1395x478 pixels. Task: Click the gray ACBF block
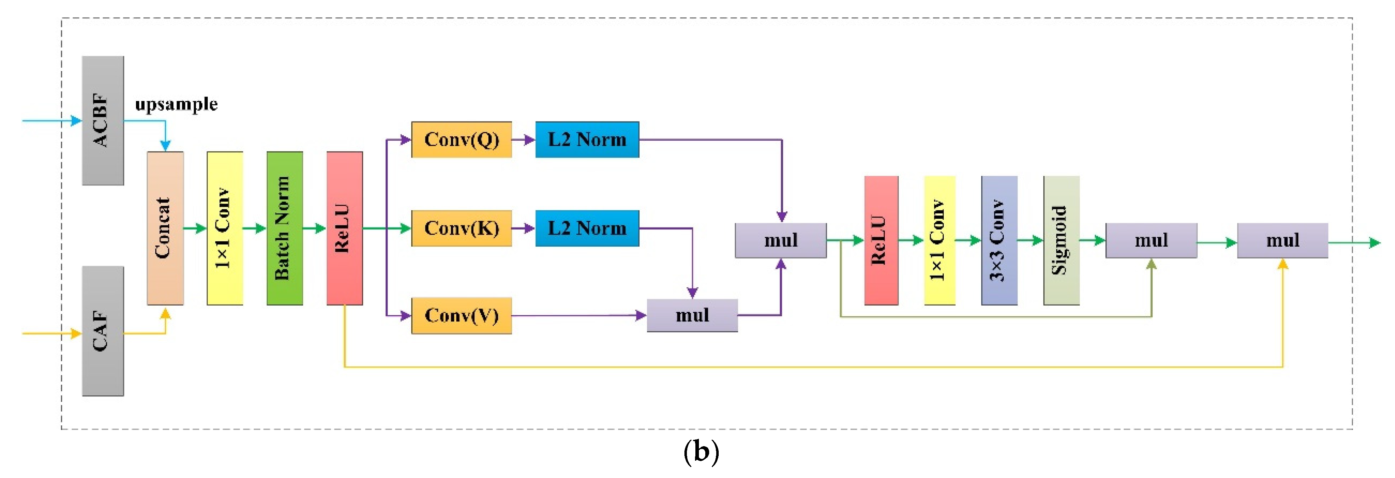click(x=103, y=120)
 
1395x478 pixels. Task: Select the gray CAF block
click(x=103, y=331)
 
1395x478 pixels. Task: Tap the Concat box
click(x=165, y=228)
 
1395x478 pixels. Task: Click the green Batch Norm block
click(x=284, y=228)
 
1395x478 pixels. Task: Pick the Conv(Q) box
click(x=461, y=140)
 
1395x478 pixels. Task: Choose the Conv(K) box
click(x=461, y=228)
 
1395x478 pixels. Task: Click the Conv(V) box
click(x=461, y=315)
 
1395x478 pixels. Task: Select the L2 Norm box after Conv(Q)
click(x=587, y=140)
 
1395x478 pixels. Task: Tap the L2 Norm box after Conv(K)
click(x=587, y=228)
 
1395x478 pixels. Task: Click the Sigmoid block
click(x=1061, y=240)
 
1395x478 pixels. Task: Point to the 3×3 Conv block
click(x=999, y=240)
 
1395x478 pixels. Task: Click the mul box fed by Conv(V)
click(x=692, y=315)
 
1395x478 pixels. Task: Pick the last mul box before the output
click(x=1282, y=240)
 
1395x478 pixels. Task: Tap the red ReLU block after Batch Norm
click(x=344, y=228)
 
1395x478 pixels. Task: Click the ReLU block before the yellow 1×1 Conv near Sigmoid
click(x=881, y=240)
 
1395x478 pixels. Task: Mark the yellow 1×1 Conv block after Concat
click(x=225, y=228)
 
